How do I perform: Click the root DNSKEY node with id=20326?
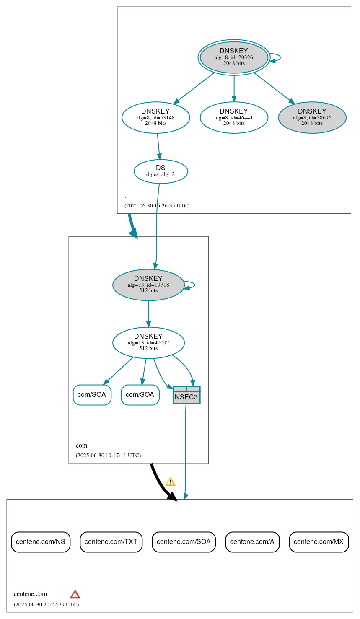pyautogui.click(x=234, y=57)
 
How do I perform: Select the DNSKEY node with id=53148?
pyautogui.click(x=155, y=117)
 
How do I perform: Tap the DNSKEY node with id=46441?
pyautogui.click(x=234, y=117)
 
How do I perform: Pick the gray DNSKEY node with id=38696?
pyautogui.click(x=312, y=117)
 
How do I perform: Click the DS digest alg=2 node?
pyautogui.click(x=161, y=171)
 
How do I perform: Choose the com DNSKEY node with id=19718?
pyautogui.click(x=148, y=285)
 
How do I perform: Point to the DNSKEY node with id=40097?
pyautogui.click(x=148, y=342)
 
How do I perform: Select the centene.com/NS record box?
pyautogui.click(x=41, y=542)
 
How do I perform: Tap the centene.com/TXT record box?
pyautogui.click(x=111, y=542)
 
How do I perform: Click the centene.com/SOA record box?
pyautogui.click(x=184, y=542)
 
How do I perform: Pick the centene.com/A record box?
pyautogui.click(x=252, y=542)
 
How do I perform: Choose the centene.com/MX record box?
pyautogui.click(x=319, y=542)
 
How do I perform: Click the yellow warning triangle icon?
pyautogui.click(x=170, y=482)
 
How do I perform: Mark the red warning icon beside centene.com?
pyautogui.click(x=75, y=594)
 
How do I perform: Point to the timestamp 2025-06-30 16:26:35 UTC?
pyautogui.click(x=157, y=206)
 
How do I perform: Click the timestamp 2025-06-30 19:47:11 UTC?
pyautogui.click(x=108, y=456)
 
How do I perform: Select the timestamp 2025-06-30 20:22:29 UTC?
pyautogui.click(x=46, y=605)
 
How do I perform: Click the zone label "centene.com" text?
pyautogui.click(x=30, y=594)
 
